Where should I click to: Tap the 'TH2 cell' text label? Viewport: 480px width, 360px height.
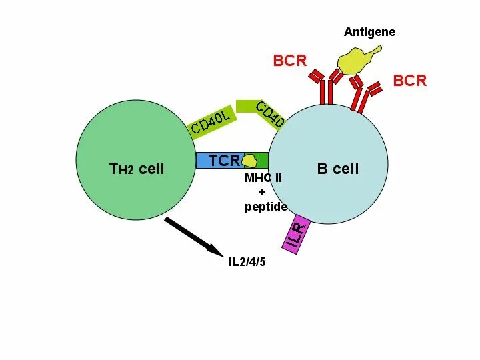pos(137,169)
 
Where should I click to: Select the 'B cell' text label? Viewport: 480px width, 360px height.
pos(337,169)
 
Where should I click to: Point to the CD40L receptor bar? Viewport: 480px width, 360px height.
pos(211,120)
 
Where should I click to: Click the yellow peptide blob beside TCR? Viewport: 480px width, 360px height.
pos(249,161)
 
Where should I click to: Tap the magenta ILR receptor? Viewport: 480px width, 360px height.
pos(297,234)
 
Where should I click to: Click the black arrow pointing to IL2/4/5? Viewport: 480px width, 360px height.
pos(194,235)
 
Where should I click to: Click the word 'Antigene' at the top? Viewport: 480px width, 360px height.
pos(369,32)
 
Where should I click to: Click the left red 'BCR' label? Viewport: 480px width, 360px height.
pos(290,61)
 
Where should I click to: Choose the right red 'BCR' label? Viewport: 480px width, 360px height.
pos(409,81)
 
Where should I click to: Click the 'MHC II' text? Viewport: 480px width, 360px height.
pos(263,178)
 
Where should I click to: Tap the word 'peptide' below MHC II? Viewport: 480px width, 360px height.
pos(265,207)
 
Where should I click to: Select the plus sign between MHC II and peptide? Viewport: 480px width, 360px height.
pos(261,192)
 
